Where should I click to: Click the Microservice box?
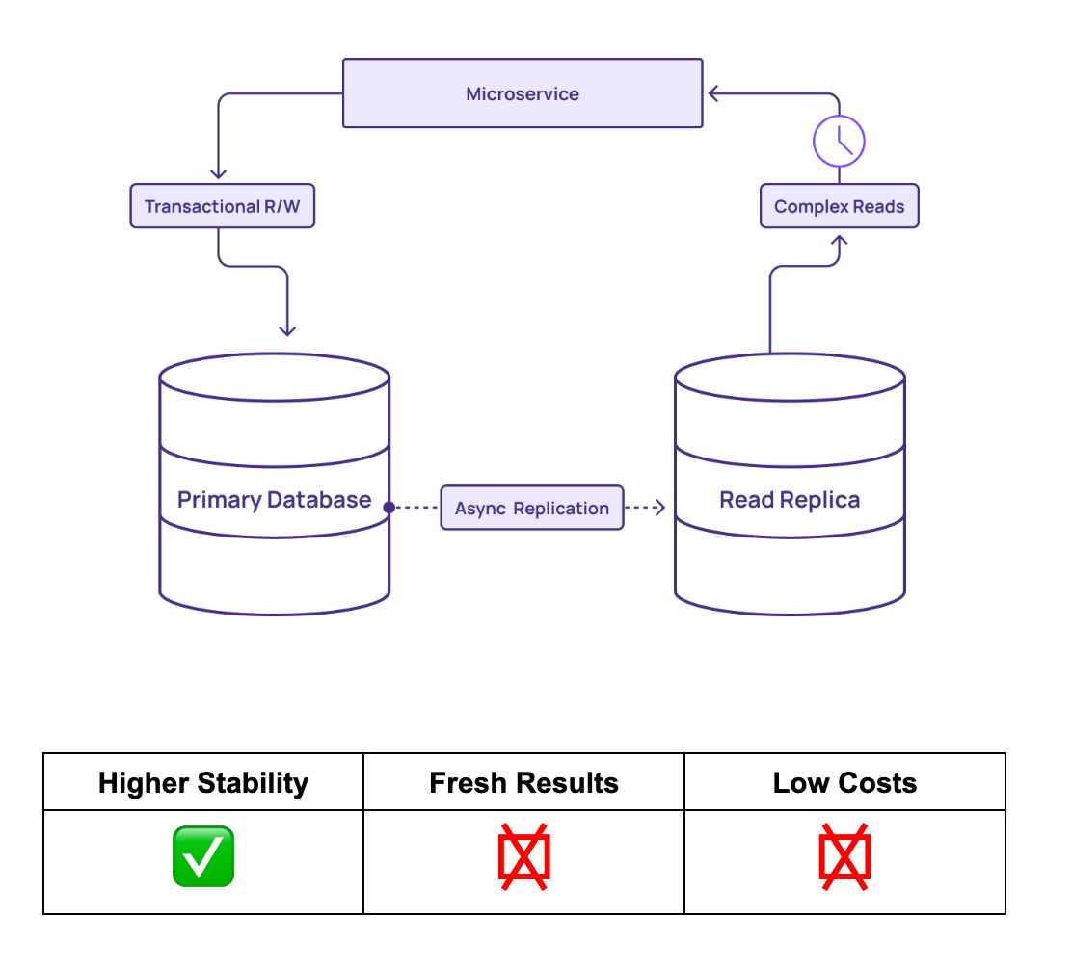523,93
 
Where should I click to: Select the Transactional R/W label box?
222,206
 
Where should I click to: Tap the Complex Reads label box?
839,206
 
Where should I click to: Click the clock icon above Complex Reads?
839,142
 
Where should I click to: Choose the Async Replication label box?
532,508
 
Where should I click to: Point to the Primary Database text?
274,500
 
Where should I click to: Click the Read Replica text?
790,500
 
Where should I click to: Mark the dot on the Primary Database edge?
389,507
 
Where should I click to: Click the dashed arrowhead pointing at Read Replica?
660,508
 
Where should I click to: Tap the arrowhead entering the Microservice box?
713,93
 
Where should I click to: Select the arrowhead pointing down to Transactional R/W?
219,173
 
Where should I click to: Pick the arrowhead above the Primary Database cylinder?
287,330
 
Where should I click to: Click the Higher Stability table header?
203,782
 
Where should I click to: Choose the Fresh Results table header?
523,782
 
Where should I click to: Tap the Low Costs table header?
844,782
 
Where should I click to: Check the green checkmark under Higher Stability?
202,856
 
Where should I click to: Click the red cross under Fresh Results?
523,856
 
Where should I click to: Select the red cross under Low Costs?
844,856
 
